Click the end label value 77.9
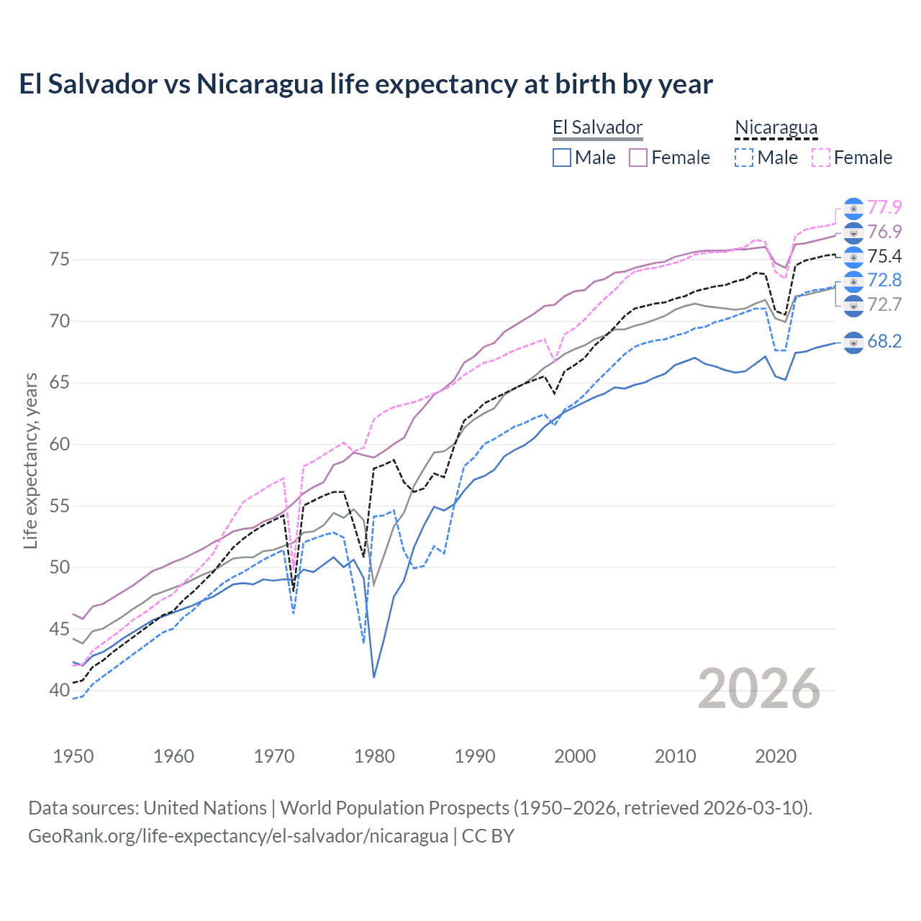(x=884, y=208)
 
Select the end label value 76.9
(x=884, y=232)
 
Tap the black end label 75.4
(x=884, y=256)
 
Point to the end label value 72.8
(x=884, y=281)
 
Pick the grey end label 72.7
(x=884, y=304)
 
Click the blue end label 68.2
(x=884, y=342)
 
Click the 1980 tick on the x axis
(x=374, y=756)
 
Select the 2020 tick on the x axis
(x=776, y=756)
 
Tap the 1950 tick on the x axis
(x=73, y=756)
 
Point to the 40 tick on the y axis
(x=60, y=691)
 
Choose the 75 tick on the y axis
(x=60, y=260)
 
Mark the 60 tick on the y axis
(x=60, y=445)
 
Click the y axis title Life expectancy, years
(x=31, y=460)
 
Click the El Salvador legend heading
(x=597, y=128)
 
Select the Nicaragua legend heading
(x=776, y=128)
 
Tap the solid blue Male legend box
(x=562, y=158)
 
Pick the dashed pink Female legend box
(x=820, y=158)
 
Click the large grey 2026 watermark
(x=759, y=689)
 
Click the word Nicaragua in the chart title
(x=260, y=84)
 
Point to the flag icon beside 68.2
(x=853, y=342)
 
